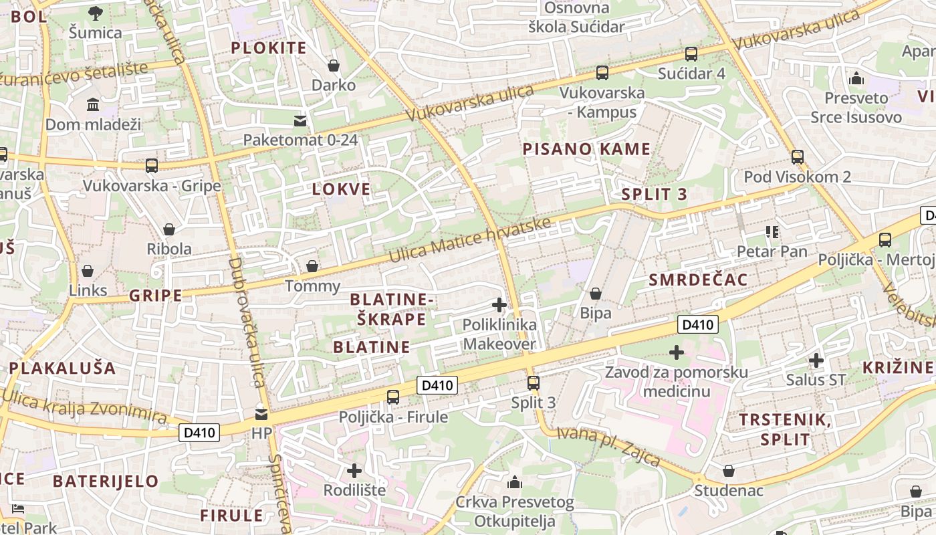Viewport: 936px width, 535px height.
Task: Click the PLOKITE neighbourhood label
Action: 268,47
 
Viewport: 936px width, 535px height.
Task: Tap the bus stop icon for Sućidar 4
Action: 691,54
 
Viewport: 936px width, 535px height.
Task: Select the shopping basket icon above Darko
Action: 333,66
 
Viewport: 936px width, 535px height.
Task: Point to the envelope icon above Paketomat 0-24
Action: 300,120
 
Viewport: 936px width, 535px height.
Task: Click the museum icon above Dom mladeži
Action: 93,105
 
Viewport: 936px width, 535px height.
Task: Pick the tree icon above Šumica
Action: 96,13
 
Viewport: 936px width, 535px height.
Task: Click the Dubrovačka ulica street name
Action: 245,321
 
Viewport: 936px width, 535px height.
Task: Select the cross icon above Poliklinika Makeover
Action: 499,306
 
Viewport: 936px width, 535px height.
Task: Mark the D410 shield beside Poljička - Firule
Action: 438,385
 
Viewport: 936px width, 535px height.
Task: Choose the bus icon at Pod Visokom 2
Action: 797,157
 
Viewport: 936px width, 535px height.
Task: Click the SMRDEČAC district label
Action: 698,280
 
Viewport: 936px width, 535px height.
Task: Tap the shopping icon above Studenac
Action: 728,471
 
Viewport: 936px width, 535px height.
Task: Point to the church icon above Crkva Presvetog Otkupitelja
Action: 514,482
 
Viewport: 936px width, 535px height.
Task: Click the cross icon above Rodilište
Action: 354,471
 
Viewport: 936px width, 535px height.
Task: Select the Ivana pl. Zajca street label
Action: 608,447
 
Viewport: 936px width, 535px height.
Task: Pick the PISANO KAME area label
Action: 586,149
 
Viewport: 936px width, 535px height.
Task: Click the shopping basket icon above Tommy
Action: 312,267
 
